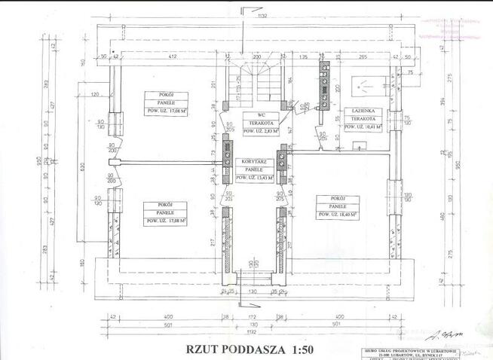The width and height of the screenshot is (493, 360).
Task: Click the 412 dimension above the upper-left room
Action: coord(172,56)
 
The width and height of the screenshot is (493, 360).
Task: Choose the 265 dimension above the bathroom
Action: coord(363,56)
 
